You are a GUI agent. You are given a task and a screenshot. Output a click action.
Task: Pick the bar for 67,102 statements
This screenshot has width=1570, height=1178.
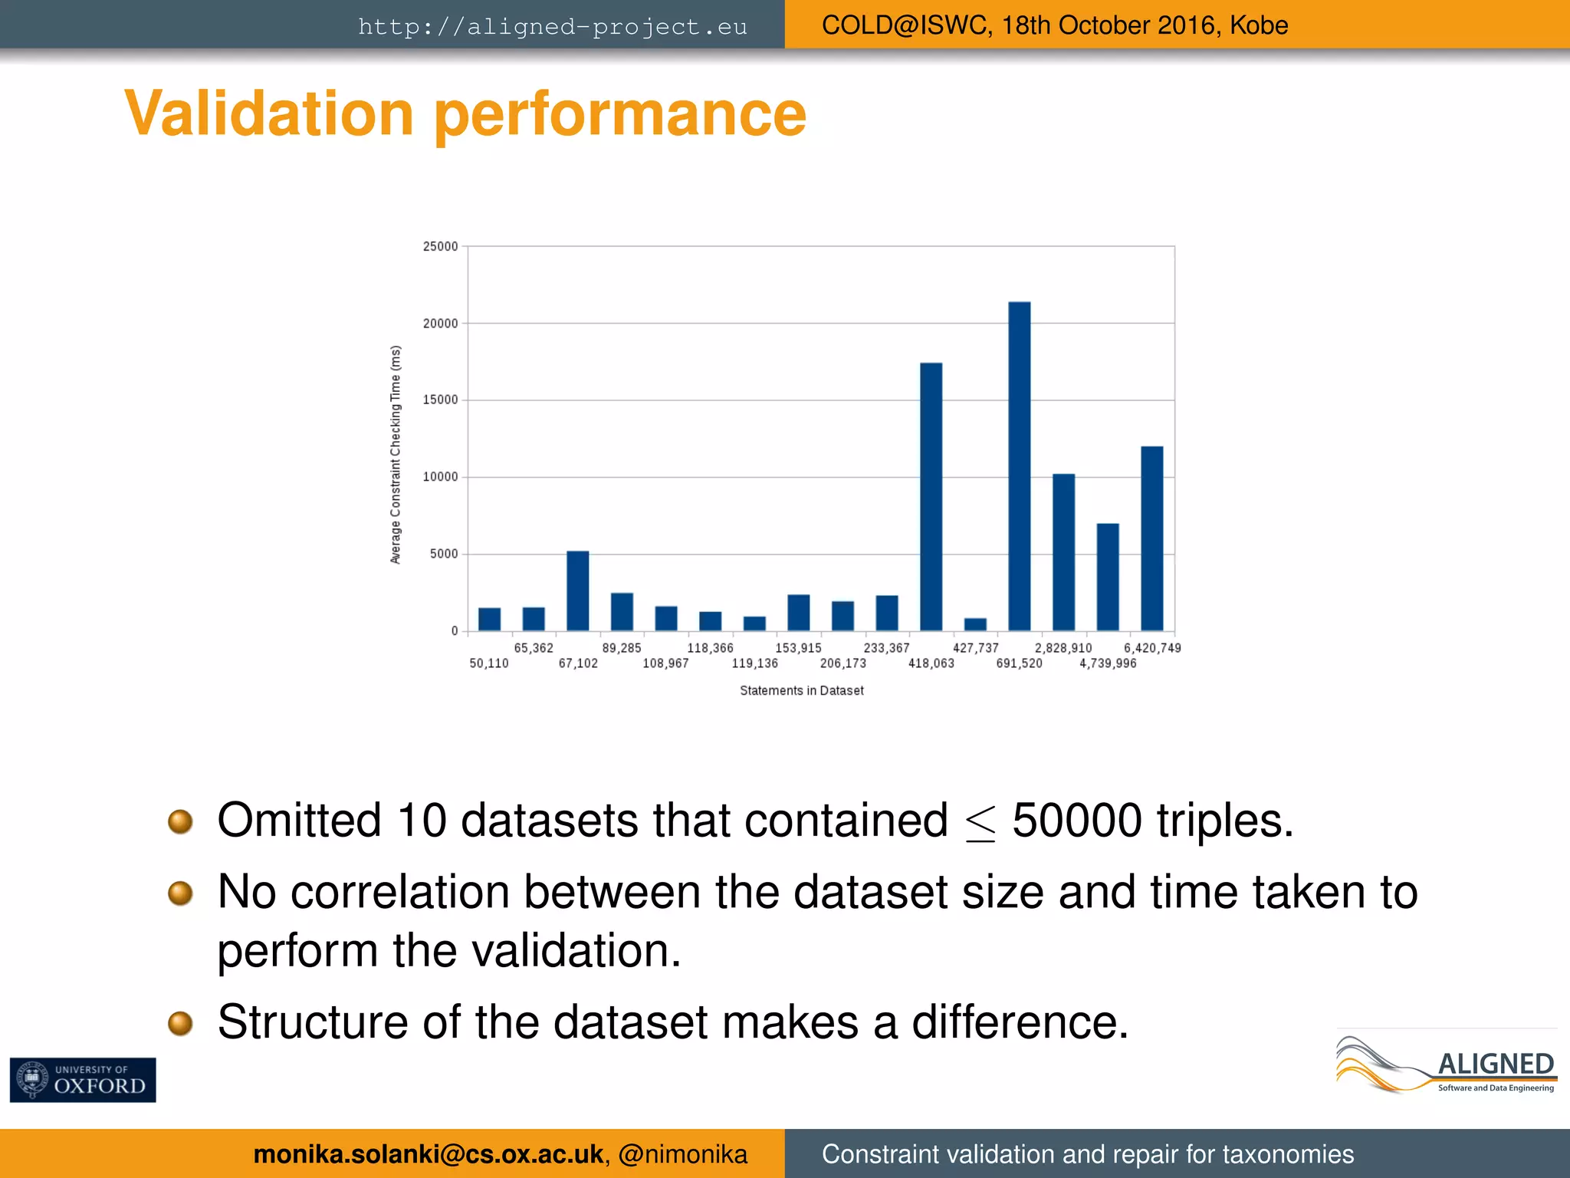coord(578,591)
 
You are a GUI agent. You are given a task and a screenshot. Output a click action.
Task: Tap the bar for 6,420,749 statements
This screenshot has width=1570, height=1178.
coord(1151,538)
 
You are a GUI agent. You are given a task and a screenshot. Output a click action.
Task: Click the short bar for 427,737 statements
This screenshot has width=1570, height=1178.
coord(975,624)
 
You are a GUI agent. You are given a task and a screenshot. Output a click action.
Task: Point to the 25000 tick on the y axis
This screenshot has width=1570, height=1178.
coord(441,246)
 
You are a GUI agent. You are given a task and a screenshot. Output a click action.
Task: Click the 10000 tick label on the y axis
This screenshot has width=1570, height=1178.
coord(441,477)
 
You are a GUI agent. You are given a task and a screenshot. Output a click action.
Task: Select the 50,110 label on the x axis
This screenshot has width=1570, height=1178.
coord(489,663)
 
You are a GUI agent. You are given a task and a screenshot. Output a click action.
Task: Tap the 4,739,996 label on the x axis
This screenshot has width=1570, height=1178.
coord(1108,663)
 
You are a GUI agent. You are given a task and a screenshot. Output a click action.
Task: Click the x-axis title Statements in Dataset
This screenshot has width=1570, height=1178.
coord(801,690)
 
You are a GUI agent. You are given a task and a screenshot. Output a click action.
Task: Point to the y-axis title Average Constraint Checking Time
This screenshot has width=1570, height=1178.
coord(396,454)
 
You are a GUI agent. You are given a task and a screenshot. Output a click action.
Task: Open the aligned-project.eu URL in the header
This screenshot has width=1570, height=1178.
coord(552,27)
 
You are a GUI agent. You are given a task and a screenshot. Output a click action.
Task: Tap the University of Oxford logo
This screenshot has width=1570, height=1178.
coord(83,1080)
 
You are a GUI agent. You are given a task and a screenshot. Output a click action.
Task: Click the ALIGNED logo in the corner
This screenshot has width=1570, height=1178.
coord(1447,1064)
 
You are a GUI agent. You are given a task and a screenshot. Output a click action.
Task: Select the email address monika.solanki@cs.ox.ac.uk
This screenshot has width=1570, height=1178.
coord(428,1154)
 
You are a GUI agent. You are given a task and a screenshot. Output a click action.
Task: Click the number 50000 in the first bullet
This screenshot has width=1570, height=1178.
coord(1077,821)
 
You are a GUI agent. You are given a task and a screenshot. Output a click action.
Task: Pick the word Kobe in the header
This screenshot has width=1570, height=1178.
coord(1259,25)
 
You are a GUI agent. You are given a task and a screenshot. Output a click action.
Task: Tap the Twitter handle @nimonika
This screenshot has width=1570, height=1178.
coord(682,1154)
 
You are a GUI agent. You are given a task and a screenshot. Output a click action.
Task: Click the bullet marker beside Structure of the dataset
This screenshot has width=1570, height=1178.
coord(180,1022)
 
